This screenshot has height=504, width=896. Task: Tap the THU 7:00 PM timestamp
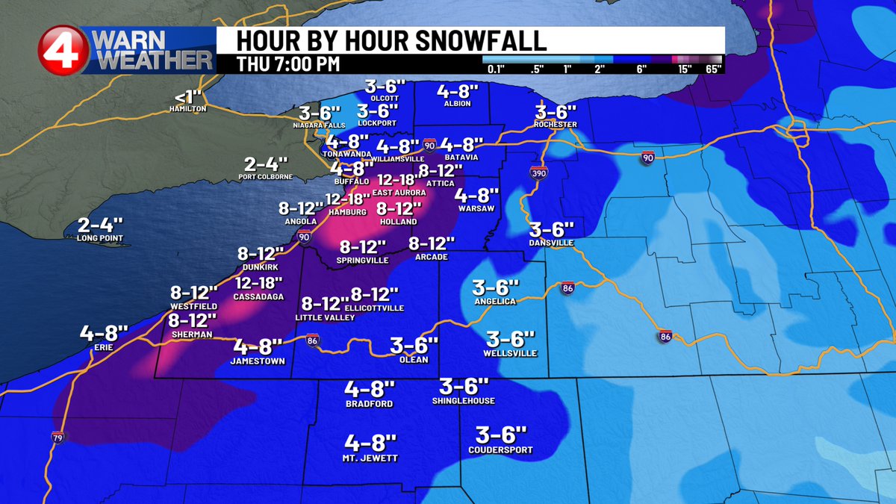coord(288,63)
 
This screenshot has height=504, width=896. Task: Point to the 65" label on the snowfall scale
coord(712,70)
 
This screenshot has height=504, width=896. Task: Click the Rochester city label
coord(556,124)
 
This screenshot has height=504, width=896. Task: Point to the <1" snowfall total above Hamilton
coord(187,97)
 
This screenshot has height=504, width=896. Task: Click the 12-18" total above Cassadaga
coord(258,283)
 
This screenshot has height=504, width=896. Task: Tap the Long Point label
coord(99,239)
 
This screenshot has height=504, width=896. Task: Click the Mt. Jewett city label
coord(370,458)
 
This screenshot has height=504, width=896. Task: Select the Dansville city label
coord(552,243)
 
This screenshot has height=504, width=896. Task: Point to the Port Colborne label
coord(265,177)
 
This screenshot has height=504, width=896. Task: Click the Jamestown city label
coord(258,361)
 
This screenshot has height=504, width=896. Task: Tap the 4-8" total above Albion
coord(457,92)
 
